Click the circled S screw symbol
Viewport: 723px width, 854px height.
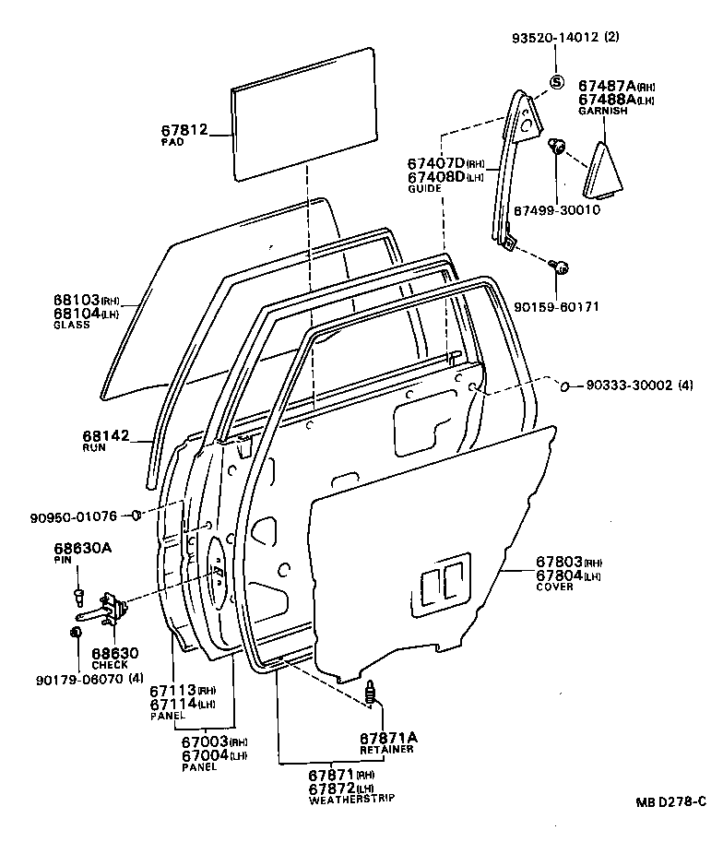click(557, 82)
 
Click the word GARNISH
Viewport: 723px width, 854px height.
click(603, 111)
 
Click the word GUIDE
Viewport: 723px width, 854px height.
click(425, 189)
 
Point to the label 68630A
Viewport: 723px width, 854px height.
click(83, 548)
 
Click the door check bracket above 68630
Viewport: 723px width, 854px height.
click(113, 608)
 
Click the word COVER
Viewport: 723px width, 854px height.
click(554, 587)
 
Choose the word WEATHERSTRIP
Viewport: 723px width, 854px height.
click(351, 799)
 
